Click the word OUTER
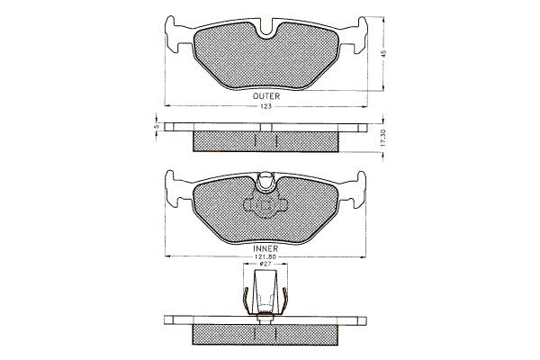pos(265,96)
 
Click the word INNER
pos(265,248)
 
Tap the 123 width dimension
pos(265,106)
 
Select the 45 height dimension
pos(384,53)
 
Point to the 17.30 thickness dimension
pos(384,138)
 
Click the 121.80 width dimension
pos(265,256)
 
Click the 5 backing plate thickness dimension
pos(157,127)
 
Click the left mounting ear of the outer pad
pos(178,34)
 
